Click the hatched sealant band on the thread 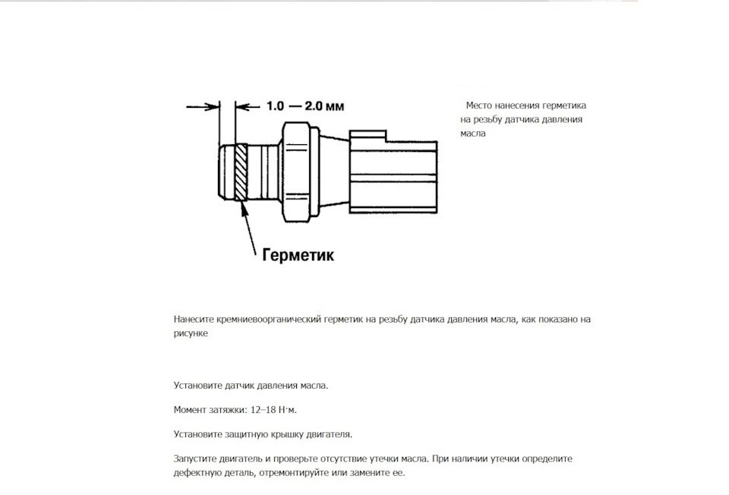point(241,172)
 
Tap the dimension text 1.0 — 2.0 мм point(300,107)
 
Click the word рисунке point(190,333)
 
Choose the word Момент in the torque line point(190,411)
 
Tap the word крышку point(288,435)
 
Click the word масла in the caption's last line point(472,133)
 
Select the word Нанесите point(193,320)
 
